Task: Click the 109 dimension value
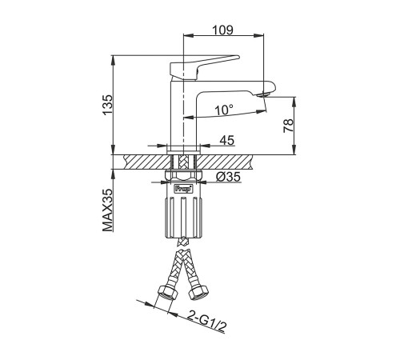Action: coord(222,30)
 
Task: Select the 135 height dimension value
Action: coord(108,105)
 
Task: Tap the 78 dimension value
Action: coord(289,126)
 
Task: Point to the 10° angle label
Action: coord(224,110)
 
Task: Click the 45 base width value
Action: coord(227,140)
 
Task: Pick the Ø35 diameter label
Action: coord(228,177)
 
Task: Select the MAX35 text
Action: coord(108,210)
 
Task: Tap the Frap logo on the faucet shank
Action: coord(183,189)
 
